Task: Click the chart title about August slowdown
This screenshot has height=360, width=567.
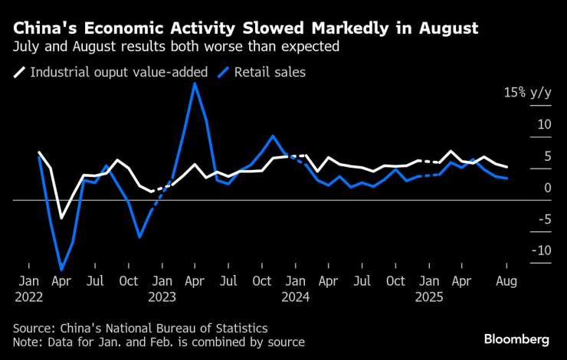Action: [x=245, y=28]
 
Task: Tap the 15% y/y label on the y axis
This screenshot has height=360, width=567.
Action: [x=526, y=93]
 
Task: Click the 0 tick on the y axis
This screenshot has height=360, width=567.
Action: [x=526, y=188]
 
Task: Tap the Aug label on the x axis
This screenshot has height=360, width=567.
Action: [x=506, y=281]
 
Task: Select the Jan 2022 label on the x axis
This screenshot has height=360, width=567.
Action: [x=29, y=288]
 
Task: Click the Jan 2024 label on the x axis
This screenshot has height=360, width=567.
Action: [x=295, y=288]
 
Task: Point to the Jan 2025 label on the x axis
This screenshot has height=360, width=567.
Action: [x=428, y=288]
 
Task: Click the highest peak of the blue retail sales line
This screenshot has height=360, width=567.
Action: [x=195, y=83]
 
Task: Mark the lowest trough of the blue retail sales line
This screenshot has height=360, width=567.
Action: [x=61, y=270]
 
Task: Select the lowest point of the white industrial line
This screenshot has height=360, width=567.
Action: [x=61, y=218]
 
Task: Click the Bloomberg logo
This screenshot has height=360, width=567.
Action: [x=516, y=339]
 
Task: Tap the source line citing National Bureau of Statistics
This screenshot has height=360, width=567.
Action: [x=140, y=327]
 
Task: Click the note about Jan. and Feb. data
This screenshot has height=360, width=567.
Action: [x=159, y=342]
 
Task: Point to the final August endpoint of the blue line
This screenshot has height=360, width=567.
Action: [x=506, y=178]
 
